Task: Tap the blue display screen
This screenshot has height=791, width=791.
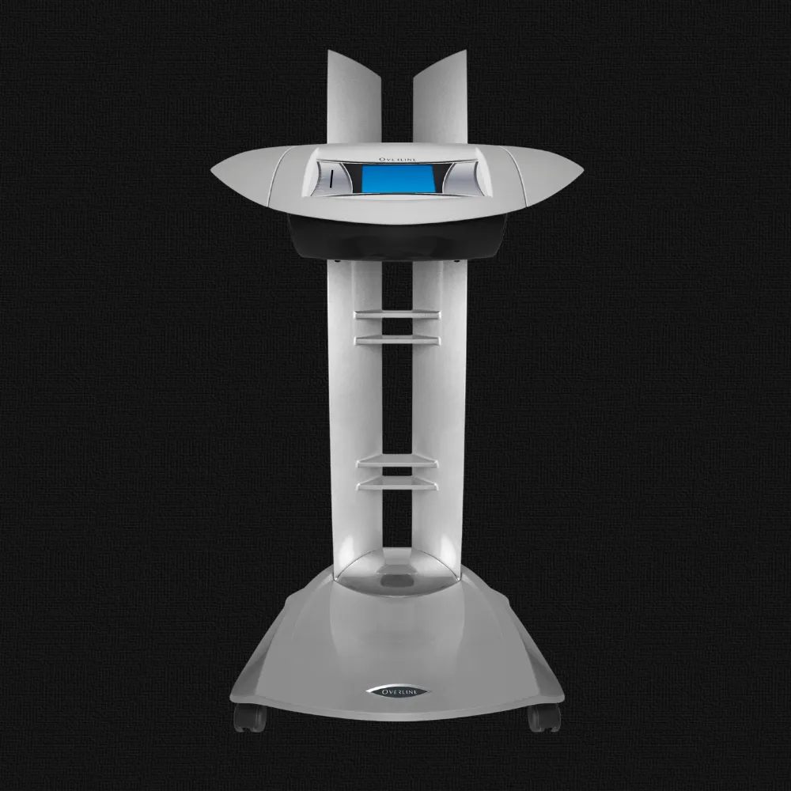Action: [x=399, y=178]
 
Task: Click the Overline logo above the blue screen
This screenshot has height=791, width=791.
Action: [x=398, y=160]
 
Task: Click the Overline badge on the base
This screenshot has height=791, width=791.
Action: [x=399, y=691]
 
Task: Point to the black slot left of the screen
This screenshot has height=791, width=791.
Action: [x=332, y=179]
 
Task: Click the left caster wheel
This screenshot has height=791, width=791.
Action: [x=249, y=718]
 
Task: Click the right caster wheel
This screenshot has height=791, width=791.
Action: [x=544, y=718]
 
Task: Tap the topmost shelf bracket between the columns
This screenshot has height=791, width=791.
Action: [x=398, y=315]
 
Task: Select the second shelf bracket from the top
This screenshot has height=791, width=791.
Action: [x=398, y=340]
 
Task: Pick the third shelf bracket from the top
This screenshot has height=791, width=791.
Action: [x=398, y=462]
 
